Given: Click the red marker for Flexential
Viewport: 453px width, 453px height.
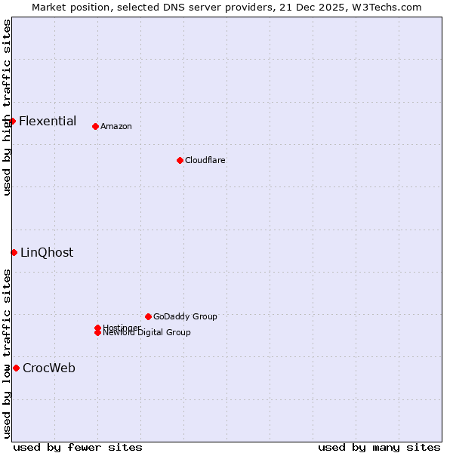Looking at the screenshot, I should (12, 121).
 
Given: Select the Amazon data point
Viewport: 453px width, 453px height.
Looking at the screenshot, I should (95, 126).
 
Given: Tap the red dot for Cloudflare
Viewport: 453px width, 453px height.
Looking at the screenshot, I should (180, 160).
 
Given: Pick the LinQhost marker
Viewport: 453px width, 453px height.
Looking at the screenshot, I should (14, 252).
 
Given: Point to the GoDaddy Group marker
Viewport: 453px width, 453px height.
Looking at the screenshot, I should (148, 316).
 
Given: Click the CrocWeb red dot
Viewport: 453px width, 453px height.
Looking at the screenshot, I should (16, 368).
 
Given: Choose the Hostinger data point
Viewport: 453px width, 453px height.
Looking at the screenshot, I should (97, 328).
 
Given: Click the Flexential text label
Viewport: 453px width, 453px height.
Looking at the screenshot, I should (48, 121).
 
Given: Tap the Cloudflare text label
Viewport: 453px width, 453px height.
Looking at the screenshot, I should (205, 160).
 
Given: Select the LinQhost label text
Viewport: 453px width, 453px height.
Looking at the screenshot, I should (47, 252).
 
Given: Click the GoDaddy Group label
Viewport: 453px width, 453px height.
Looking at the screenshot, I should (185, 316).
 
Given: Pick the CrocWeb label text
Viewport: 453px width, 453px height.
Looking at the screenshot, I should (49, 368).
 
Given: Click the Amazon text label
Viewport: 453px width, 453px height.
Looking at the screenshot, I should (116, 126).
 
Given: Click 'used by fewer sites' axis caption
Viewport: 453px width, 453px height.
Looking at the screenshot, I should (78, 448).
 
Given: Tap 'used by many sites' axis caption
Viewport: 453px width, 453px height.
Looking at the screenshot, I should (379, 448).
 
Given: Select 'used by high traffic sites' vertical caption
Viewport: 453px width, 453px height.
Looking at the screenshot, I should (7, 107).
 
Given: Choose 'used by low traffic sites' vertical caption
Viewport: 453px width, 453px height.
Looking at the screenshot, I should (7, 353).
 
